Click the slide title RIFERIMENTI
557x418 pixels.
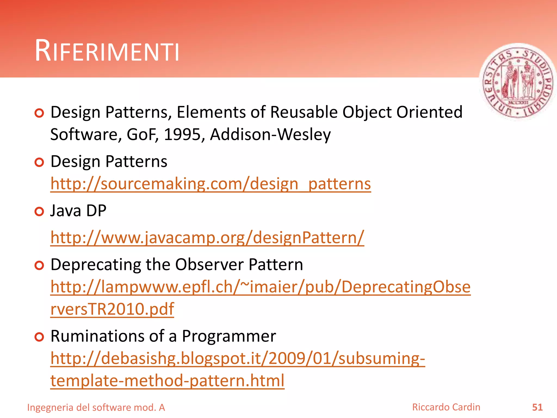(107, 51)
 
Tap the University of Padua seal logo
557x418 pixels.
(518, 82)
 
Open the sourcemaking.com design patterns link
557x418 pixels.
(211, 184)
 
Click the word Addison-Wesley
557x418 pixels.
(270, 134)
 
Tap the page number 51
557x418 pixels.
(537, 407)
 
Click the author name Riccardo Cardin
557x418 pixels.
(446, 407)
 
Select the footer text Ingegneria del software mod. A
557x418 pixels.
(96, 408)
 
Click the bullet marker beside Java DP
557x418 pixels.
(39, 211)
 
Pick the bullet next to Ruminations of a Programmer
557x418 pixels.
(39, 337)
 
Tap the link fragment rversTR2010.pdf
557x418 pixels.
(112, 309)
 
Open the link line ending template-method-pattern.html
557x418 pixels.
(167, 380)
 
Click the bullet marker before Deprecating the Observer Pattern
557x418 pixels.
(39, 265)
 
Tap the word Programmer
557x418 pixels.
(229, 337)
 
